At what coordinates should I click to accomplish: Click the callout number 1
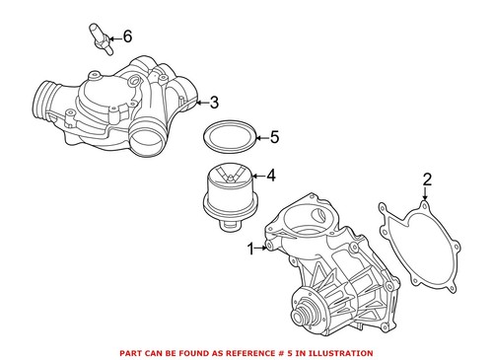[250, 248]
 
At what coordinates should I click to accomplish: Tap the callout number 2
[427, 180]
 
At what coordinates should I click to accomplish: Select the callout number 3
[213, 101]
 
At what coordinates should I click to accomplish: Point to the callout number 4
[271, 179]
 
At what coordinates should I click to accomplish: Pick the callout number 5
[275, 137]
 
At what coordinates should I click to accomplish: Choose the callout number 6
[124, 38]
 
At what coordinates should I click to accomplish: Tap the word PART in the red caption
[131, 352]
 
